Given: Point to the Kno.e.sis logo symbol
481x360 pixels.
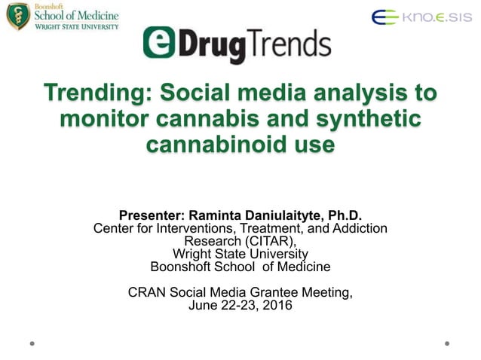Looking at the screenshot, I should tap(384, 17).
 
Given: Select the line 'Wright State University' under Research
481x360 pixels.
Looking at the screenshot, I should tap(240, 254).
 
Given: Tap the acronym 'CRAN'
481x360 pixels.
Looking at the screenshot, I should tap(147, 292).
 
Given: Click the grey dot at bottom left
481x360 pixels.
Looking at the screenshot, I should tap(32, 343).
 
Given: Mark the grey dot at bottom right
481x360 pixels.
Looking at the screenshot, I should tap(447, 343).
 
